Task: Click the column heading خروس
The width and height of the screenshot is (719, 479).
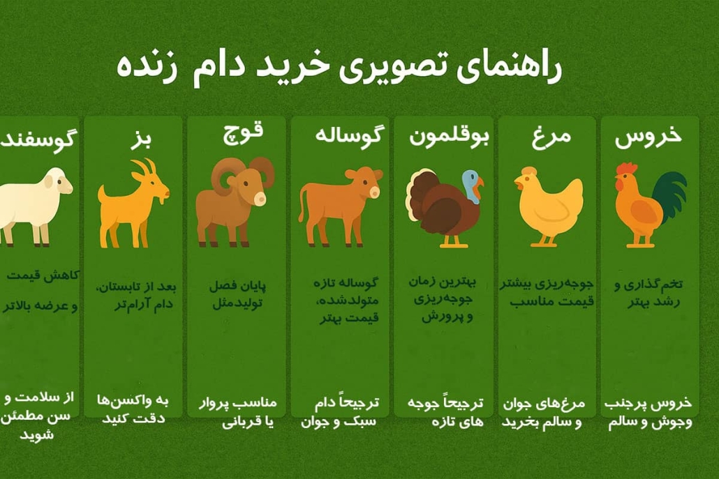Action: (x=648, y=137)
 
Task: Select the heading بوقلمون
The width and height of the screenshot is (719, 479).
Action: (x=449, y=136)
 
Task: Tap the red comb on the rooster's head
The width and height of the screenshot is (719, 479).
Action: (x=627, y=168)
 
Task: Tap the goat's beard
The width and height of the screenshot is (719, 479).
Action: (x=162, y=202)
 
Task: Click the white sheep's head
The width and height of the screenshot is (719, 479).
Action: (x=57, y=183)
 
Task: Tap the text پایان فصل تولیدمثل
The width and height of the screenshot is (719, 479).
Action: (x=237, y=295)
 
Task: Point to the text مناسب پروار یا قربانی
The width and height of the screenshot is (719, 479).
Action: (x=239, y=412)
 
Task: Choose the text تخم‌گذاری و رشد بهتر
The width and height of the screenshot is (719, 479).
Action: (x=648, y=294)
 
